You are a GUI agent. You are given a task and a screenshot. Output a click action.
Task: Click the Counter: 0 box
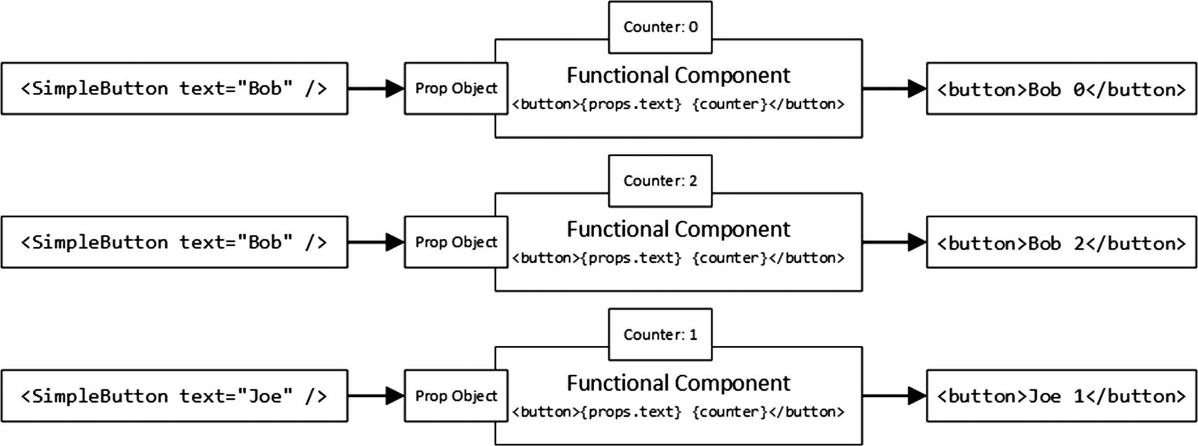[x=660, y=27]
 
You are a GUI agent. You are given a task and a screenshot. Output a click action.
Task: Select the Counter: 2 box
[x=660, y=181]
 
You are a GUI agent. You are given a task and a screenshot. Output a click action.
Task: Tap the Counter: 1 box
[x=660, y=335]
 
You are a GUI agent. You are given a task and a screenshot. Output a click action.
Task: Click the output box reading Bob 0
[x=1061, y=89]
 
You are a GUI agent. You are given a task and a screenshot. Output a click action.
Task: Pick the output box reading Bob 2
[x=1061, y=243]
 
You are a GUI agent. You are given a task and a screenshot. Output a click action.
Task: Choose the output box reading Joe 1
[x=1061, y=396]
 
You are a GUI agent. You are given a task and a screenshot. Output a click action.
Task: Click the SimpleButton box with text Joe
[x=174, y=396]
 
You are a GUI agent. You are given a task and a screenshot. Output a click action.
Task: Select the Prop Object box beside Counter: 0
[x=456, y=89]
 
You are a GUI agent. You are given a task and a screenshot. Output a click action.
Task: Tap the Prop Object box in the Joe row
[x=456, y=396]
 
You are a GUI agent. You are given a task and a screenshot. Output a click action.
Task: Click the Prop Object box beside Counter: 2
[x=456, y=243]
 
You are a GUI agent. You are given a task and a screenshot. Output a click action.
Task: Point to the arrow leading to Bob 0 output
[x=894, y=89]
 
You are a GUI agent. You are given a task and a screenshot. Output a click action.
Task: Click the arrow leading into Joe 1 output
[x=894, y=396]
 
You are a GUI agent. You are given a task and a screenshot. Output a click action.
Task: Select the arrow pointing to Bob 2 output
[x=894, y=243]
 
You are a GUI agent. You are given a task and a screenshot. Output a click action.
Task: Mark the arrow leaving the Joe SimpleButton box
[x=375, y=396]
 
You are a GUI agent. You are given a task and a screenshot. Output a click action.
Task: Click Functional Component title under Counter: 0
[x=678, y=75]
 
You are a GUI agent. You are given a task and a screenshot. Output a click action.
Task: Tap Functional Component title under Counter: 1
[x=678, y=383]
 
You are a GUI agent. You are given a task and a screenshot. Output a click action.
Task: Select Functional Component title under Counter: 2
[x=678, y=229]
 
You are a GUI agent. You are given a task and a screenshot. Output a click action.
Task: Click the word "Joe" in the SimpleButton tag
[x=266, y=396]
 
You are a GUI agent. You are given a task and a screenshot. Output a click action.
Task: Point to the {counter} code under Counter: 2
[x=730, y=258]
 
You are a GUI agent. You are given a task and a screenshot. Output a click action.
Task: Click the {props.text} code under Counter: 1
[x=630, y=412]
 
